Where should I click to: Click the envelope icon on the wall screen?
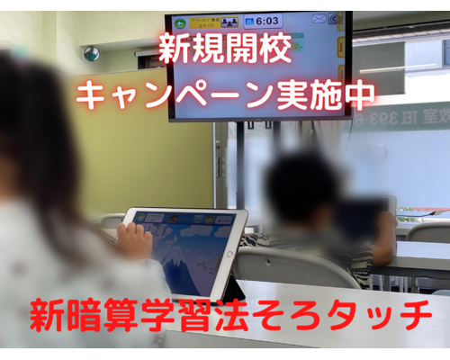(x=319, y=18)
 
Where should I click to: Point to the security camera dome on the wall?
(x=92, y=54)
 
